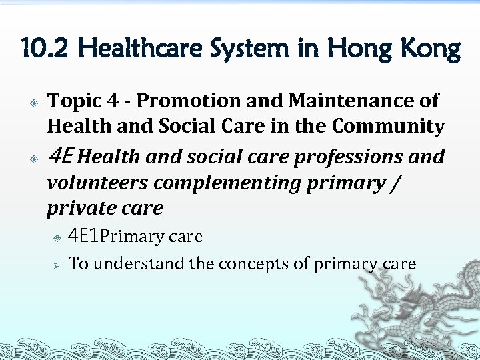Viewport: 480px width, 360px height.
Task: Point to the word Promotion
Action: click(x=191, y=101)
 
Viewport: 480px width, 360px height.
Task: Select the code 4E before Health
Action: click(x=64, y=157)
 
